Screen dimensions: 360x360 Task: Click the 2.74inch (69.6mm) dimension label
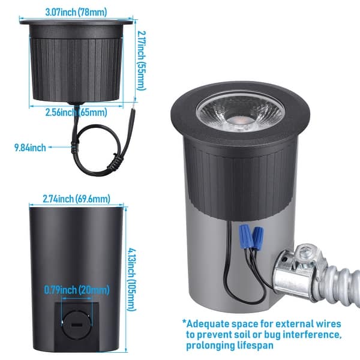(x=76, y=199)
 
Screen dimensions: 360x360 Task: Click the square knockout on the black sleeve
(x=76, y=324)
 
